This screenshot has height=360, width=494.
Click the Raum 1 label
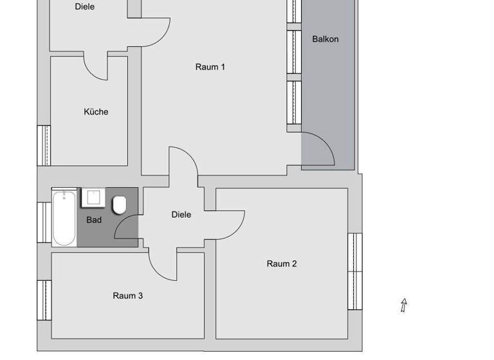tap(210, 67)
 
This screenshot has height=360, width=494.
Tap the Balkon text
tap(325, 39)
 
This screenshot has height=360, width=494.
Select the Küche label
tap(96, 112)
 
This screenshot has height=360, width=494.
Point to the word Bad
tap(94, 220)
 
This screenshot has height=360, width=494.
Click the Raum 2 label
tap(282, 264)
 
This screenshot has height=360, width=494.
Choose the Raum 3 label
tap(128, 296)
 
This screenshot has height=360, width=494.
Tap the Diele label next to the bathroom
tap(181, 215)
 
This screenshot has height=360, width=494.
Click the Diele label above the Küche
tap(84, 7)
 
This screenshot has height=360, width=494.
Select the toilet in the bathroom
tap(119, 205)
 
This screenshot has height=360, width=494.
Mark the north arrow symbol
tap(404, 305)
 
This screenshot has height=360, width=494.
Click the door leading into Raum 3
tap(163, 265)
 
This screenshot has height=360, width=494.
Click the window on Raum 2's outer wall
tap(355, 271)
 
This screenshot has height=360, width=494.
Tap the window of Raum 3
tap(44, 300)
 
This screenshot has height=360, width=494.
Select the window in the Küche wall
tap(44, 145)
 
